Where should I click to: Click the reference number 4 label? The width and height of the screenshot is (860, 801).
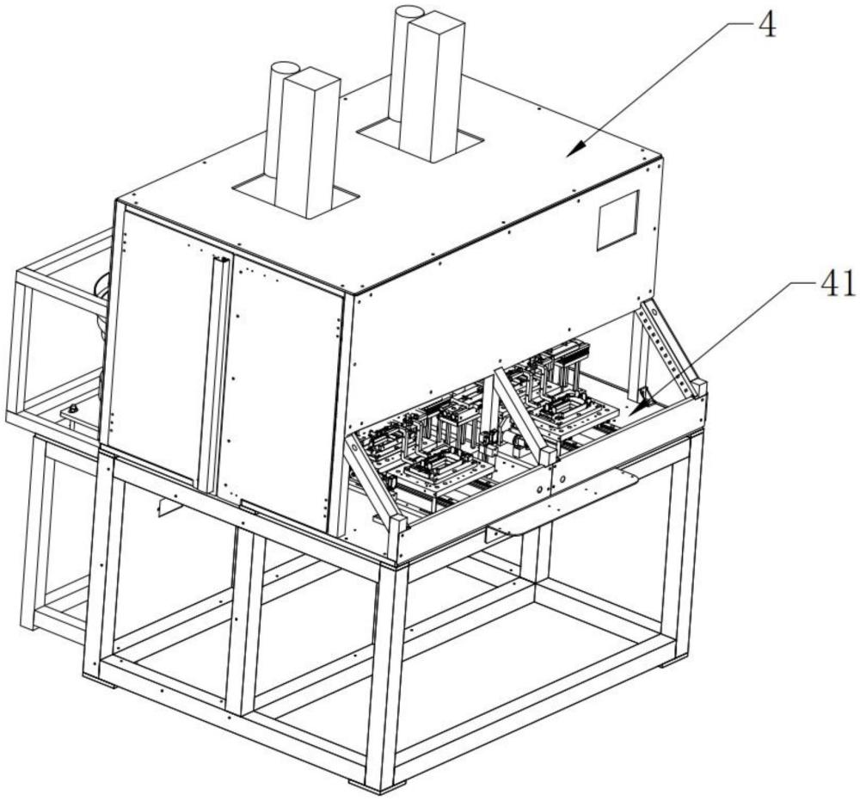click(769, 25)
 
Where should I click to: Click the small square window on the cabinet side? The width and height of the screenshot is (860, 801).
click(618, 220)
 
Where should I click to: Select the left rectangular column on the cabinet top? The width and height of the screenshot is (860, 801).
click(308, 142)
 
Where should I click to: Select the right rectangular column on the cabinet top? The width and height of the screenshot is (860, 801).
click(433, 88)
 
